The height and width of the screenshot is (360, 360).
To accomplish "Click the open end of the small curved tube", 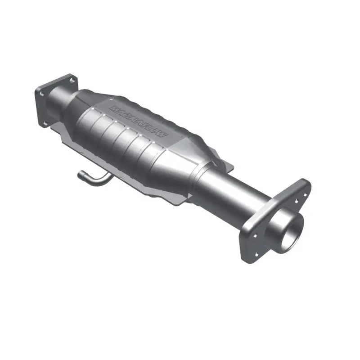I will tap(81, 174).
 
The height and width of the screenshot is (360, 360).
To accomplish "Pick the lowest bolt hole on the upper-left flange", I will tap(45, 121).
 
